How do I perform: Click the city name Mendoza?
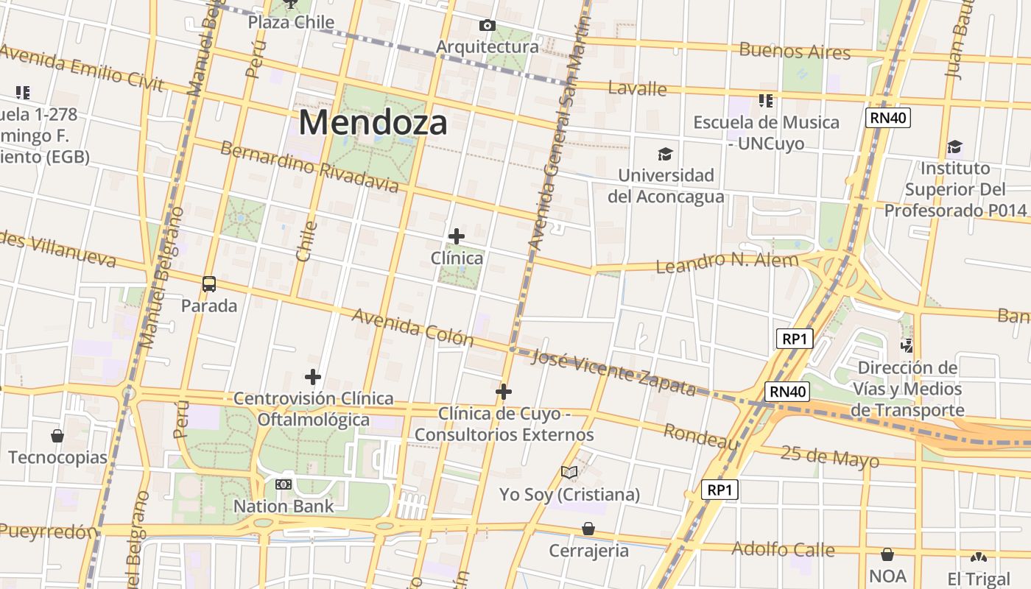pos(373,122)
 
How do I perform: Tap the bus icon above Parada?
pos(209,283)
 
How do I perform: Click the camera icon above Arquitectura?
pos(487,26)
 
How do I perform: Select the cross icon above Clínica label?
pos(457,236)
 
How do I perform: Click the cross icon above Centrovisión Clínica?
pos(313,377)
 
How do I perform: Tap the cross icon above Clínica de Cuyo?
pos(504,392)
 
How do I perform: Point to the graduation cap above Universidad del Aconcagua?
pos(666,154)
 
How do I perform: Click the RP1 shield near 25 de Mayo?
pos(719,490)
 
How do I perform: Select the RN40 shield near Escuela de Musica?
pos(888,118)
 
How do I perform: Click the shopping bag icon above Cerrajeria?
pos(588,529)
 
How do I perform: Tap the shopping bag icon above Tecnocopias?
pos(57,436)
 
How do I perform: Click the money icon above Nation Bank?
pos(284,484)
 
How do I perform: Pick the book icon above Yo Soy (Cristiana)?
pos(569,472)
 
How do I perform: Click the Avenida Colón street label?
pos(412,327)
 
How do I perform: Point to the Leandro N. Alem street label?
pos(727,262)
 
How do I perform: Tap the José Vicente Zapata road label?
pos(613,372)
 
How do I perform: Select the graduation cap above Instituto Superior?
pos(954,147)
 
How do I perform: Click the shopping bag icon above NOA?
pos(887,554)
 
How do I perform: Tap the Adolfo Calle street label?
pos(783,549)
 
